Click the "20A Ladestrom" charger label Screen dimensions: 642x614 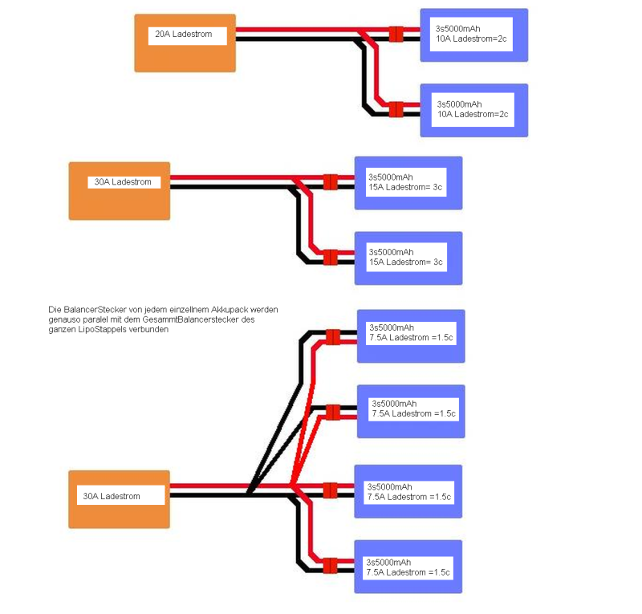click(x=184, y=34)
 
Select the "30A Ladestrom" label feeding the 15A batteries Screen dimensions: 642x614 click(x=123, y=182)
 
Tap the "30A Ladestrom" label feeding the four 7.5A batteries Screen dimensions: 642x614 click(x=112, y=496)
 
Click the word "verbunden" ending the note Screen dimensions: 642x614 click(x=148, y=329)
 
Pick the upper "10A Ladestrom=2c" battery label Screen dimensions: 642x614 click(x=471, y=39)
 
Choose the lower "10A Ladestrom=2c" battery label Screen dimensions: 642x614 click(x=473, y=114)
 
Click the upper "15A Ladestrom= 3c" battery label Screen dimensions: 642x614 click(x=405, y=187)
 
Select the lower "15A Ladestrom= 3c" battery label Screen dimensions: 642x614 click(x=406, y=262)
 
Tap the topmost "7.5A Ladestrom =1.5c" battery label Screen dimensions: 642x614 click(x=411, y=338)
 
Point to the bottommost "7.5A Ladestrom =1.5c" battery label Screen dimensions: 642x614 click(x=408, y=572)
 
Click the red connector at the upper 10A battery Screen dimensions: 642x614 click(x=396, y=34)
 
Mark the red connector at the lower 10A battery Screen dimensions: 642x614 click(x=396, y=109)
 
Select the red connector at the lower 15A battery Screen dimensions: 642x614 click(x=331, y=258)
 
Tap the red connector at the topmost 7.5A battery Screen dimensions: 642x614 click(x=333, y=337)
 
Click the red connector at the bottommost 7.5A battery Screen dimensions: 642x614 click(x=330, y=566)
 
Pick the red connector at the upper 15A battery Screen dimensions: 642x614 click(x=331, y=182)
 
